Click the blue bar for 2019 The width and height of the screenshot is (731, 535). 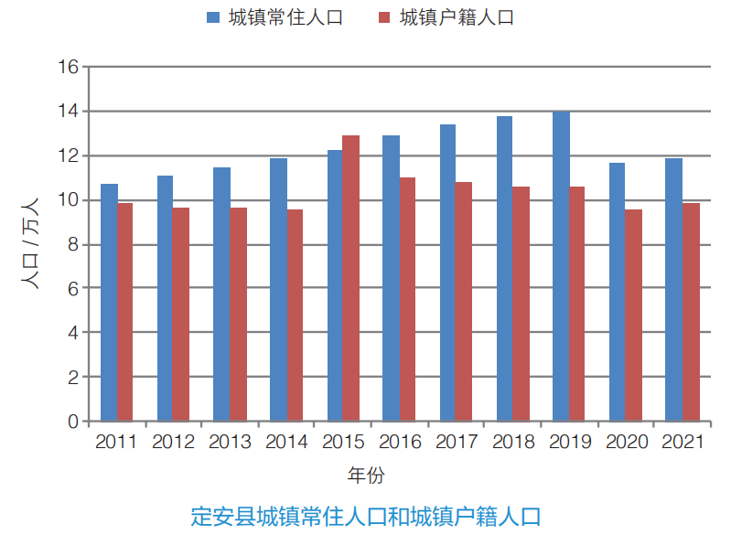coord(561,266)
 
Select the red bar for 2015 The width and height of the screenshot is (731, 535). coord(350,278)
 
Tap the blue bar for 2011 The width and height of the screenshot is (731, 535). coord(109,303)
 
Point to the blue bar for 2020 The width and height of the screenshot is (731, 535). coord(618,292)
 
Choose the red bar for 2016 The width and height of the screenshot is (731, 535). coord(406,299)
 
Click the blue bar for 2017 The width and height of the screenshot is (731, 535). coord(447,273)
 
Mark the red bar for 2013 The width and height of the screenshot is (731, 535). coord(238,315)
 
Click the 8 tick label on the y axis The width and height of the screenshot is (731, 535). coord(72,244)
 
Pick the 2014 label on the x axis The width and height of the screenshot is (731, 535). coord(286,443)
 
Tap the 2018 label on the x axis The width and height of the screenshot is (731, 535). coord(513,443)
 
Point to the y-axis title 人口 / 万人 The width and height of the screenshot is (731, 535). coord(29,243)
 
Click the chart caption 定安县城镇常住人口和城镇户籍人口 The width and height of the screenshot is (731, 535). coord(365,515)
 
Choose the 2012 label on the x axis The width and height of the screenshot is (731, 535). coord(173,443)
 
